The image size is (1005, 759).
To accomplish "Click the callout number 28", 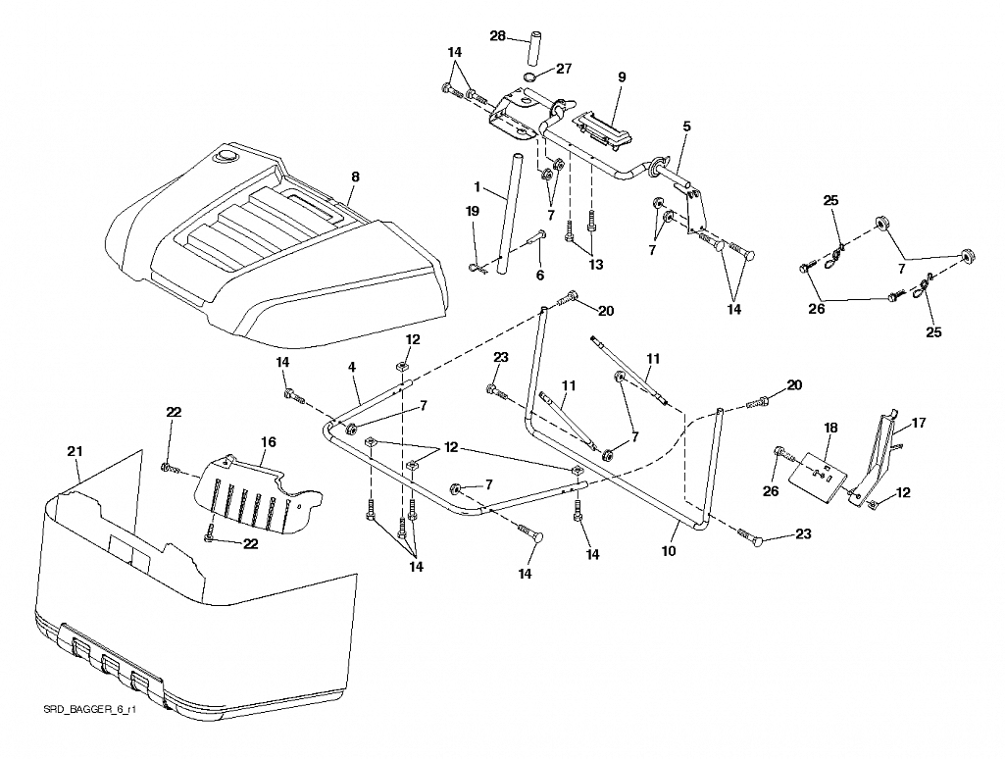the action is [498, 36].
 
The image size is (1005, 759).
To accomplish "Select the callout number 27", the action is [564, 69].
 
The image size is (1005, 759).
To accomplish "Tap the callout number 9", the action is [622, 77].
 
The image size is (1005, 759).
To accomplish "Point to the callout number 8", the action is [355, 177].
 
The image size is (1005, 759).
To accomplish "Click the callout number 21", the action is [75, 452].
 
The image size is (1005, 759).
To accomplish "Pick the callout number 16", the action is [268, 441].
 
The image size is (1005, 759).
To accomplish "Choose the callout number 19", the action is [473, 211].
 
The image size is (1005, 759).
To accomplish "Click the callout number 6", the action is [539, 275].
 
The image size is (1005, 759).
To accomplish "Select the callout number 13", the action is [595, 264].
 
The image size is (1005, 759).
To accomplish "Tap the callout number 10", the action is [669, 551].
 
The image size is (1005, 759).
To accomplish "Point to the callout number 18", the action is [831, 428].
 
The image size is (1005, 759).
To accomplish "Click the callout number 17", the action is [919, 424].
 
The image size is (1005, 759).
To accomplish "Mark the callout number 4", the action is [352, 367].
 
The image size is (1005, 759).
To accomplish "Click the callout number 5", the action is [686, 126].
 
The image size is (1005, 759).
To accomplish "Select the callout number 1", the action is [477, 187].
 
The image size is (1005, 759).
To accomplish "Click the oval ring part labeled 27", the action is [530, 78].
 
